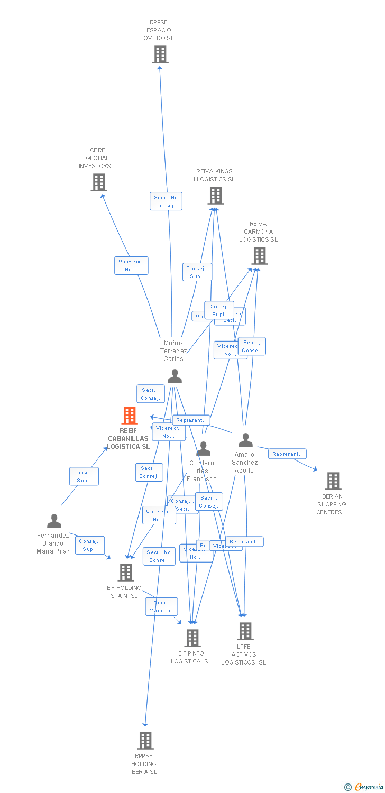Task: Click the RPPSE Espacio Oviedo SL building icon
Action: point(160,54)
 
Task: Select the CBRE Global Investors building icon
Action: point(98,182)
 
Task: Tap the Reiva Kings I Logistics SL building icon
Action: point(215,196)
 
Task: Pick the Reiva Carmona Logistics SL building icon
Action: point(259,256)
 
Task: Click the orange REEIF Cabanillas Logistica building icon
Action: point(130,416)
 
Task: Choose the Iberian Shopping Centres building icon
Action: point(333,481)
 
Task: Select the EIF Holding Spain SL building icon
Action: point(126,572)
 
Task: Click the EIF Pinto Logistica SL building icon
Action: point(192,638)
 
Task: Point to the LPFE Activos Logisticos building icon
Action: point(245,631)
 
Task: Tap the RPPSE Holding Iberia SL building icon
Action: point(145,741)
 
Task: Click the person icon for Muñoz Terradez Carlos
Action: point(175,376)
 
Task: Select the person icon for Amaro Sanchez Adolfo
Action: point(245,440)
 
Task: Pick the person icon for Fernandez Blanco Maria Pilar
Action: point(54,521)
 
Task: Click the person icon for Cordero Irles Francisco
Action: point(203,449)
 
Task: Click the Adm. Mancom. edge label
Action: point(161,606)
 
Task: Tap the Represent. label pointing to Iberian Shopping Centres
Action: point(287,454)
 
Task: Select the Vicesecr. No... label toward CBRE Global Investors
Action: point(131,265)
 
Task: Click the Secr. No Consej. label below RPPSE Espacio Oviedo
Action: point(166,201)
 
